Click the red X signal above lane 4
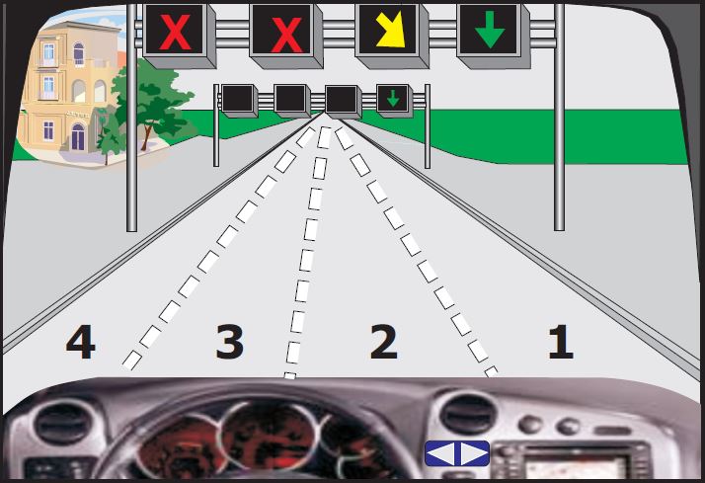click(x=175, y=32)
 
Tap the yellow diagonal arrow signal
click(x=390, y=30)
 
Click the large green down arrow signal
click(x=490, y=30)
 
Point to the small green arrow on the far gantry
click(x=393, y=98)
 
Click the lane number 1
click(x=561, y=342)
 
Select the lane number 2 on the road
click(x=383, y=342)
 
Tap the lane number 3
click(x=230, y=342)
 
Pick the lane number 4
click(x=81, y=342)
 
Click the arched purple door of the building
click(x=78, y=136)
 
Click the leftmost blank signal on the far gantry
click(x=238, y=99)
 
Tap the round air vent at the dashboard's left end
click(x=62, y=422)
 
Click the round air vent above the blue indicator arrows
click(x=468, y=413)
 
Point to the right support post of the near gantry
click(x=559, y=118)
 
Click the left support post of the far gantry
click(x=216, y=125)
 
